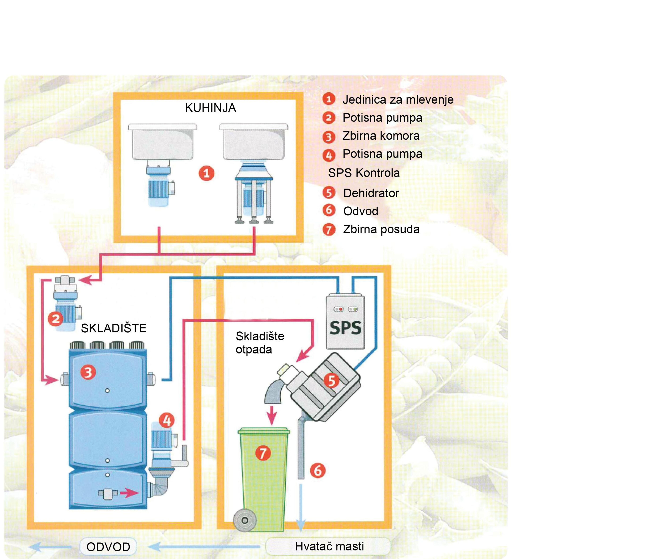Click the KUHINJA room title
(210, 108)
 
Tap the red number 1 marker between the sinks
(206, 173)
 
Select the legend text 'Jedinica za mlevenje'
(398, 100)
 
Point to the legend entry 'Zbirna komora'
(381, 136)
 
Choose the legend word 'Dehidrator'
(371, 193)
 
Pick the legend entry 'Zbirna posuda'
(381, 229)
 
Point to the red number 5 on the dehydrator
(331, 380)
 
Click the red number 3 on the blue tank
(88, 372)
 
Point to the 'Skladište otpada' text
(260, 343)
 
